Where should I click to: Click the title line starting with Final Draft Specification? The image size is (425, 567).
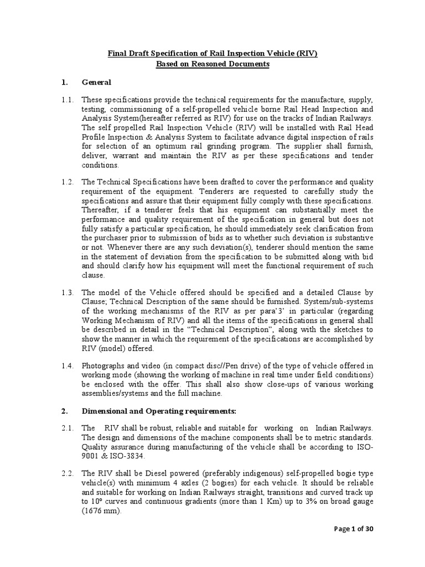click(x=212, y=54)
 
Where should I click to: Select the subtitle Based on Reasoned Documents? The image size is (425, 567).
click(x=212, y=64)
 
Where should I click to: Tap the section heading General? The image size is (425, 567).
click(x=96, y=83)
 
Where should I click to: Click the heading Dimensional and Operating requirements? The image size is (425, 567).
click(x=159, y=411)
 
